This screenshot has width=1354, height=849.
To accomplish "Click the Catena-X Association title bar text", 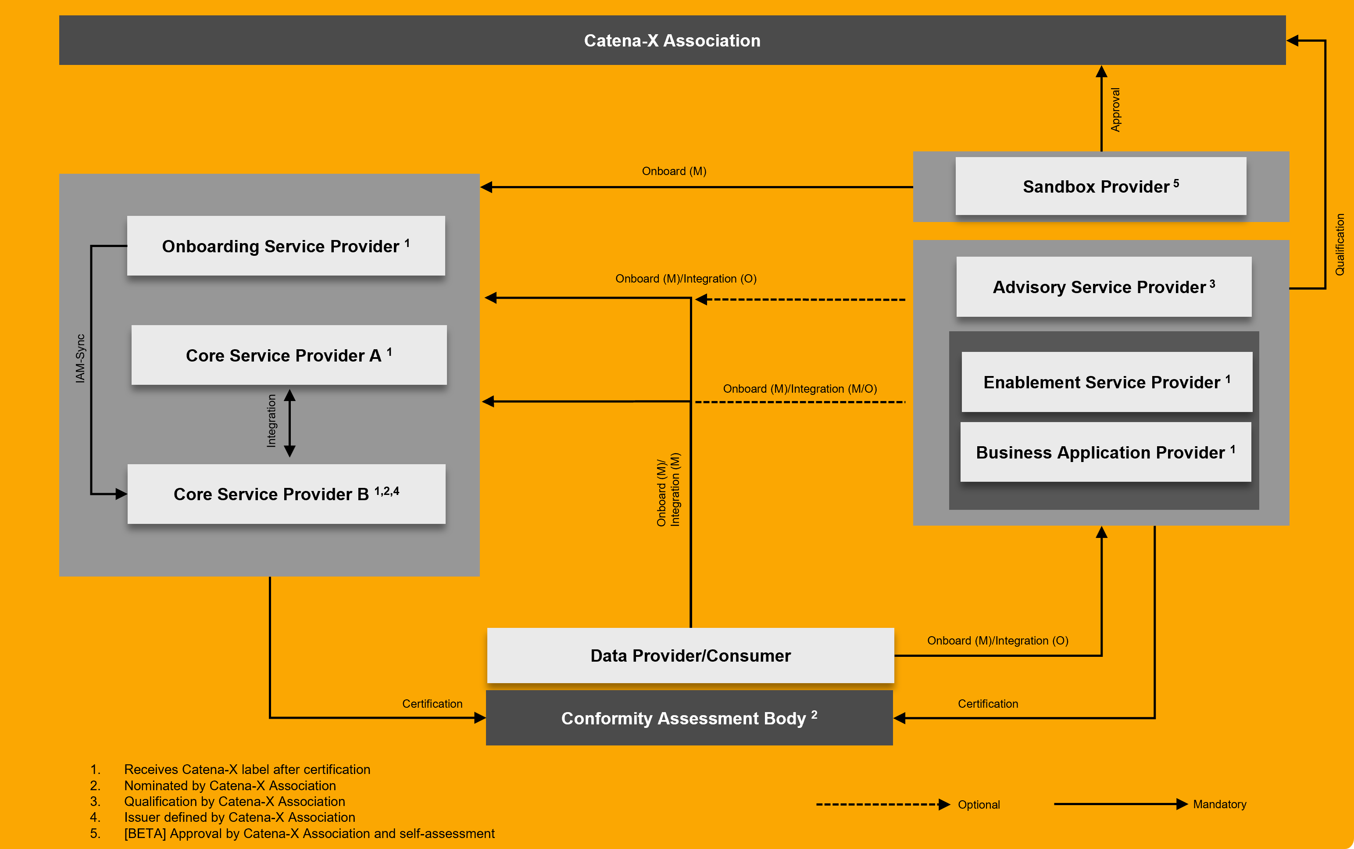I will click(672, 40).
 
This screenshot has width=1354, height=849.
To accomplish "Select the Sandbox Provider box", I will click(1100, 186).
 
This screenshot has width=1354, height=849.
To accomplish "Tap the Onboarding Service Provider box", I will click(286, 246).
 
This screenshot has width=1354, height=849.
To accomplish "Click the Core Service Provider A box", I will click(289, 355).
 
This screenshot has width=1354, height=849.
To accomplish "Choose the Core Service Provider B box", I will click(286, 494).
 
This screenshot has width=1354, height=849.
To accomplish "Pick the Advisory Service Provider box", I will click(1104, 287).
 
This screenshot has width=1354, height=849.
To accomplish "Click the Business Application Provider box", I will click(1105, 452).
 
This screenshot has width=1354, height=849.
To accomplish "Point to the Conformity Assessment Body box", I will click(689, 718).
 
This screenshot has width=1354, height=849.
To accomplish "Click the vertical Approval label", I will click(1115, 110).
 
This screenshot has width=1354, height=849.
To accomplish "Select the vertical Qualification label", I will click(1340, 244).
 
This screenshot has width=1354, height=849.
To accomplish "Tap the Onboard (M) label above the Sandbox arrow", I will click(674, 171).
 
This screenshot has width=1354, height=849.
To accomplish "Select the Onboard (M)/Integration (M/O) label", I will click(800, 389).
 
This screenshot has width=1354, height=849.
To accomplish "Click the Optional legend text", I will click(979, 805).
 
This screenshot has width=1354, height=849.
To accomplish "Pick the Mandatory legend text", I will click(1219, 804).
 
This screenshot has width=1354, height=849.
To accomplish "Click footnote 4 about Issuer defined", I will click(239, 817).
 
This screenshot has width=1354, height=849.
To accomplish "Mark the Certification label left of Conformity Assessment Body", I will click(432, 704).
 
